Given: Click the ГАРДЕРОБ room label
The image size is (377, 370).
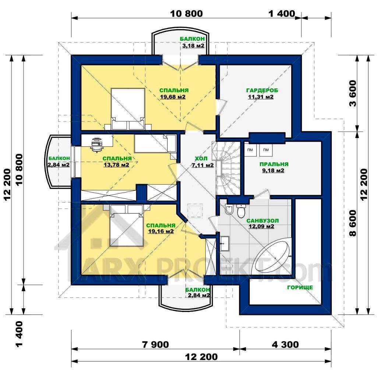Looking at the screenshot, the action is point(262,90).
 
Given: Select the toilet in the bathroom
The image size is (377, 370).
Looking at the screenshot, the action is point(241,211).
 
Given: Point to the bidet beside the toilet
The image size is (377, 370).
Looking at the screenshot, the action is point(229,209).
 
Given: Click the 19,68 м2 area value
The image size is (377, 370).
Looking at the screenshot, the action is point(173,97).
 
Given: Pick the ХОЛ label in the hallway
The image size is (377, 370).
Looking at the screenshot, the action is point(201,159).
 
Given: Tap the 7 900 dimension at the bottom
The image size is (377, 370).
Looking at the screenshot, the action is point(155,345).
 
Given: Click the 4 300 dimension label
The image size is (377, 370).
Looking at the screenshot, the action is point(285,345).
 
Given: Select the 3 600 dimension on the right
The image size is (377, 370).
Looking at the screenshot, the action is point(353,94).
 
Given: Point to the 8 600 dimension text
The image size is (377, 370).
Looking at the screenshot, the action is point(353,223).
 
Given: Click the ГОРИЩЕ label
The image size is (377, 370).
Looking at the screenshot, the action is point(300,287).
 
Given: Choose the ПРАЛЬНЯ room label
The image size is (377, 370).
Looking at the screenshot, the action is point(274,164).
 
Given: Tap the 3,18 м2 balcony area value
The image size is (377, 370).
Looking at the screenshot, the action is point(193,45).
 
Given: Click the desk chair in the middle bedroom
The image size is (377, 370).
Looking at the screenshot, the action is point(97,147).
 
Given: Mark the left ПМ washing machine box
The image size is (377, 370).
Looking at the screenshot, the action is point(250,150).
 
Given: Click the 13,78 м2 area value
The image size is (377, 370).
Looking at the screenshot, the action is point(116,165).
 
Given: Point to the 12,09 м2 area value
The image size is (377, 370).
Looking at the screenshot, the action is point(261,226).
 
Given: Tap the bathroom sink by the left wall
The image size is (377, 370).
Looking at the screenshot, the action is point(224,244).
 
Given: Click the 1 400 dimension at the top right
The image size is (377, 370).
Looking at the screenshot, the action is point(282,14).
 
